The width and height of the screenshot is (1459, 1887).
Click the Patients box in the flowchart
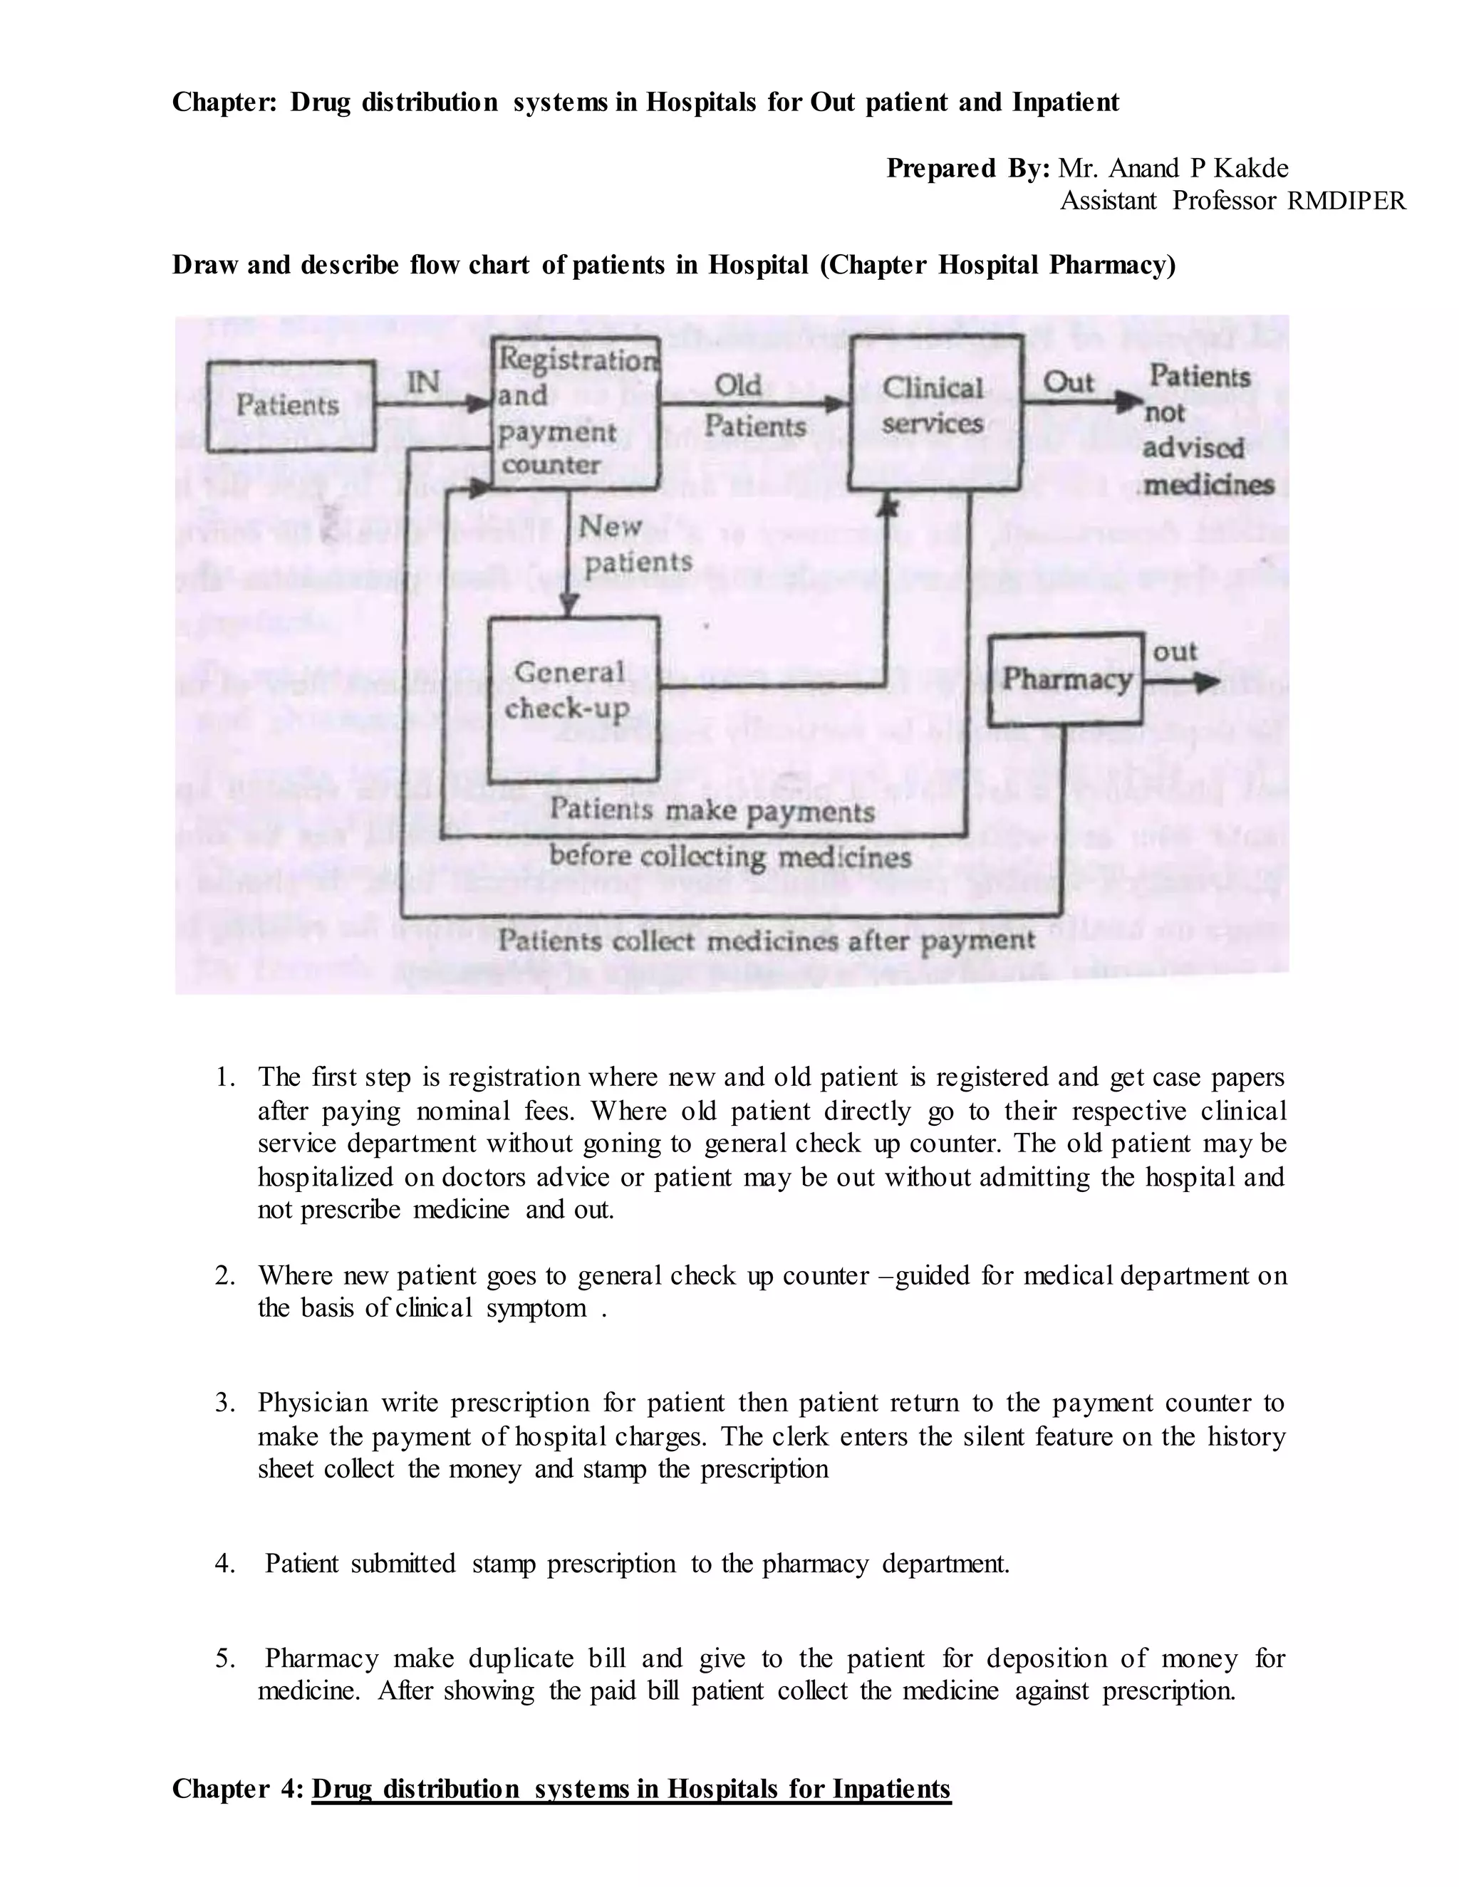tap(289, 406)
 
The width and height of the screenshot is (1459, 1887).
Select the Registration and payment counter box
tap(575, 412)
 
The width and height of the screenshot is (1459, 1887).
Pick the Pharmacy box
tap(1066, 680)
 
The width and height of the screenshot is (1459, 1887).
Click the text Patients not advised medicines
tap(1206, 430)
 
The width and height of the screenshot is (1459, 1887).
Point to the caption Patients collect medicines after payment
tap(765, 940)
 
